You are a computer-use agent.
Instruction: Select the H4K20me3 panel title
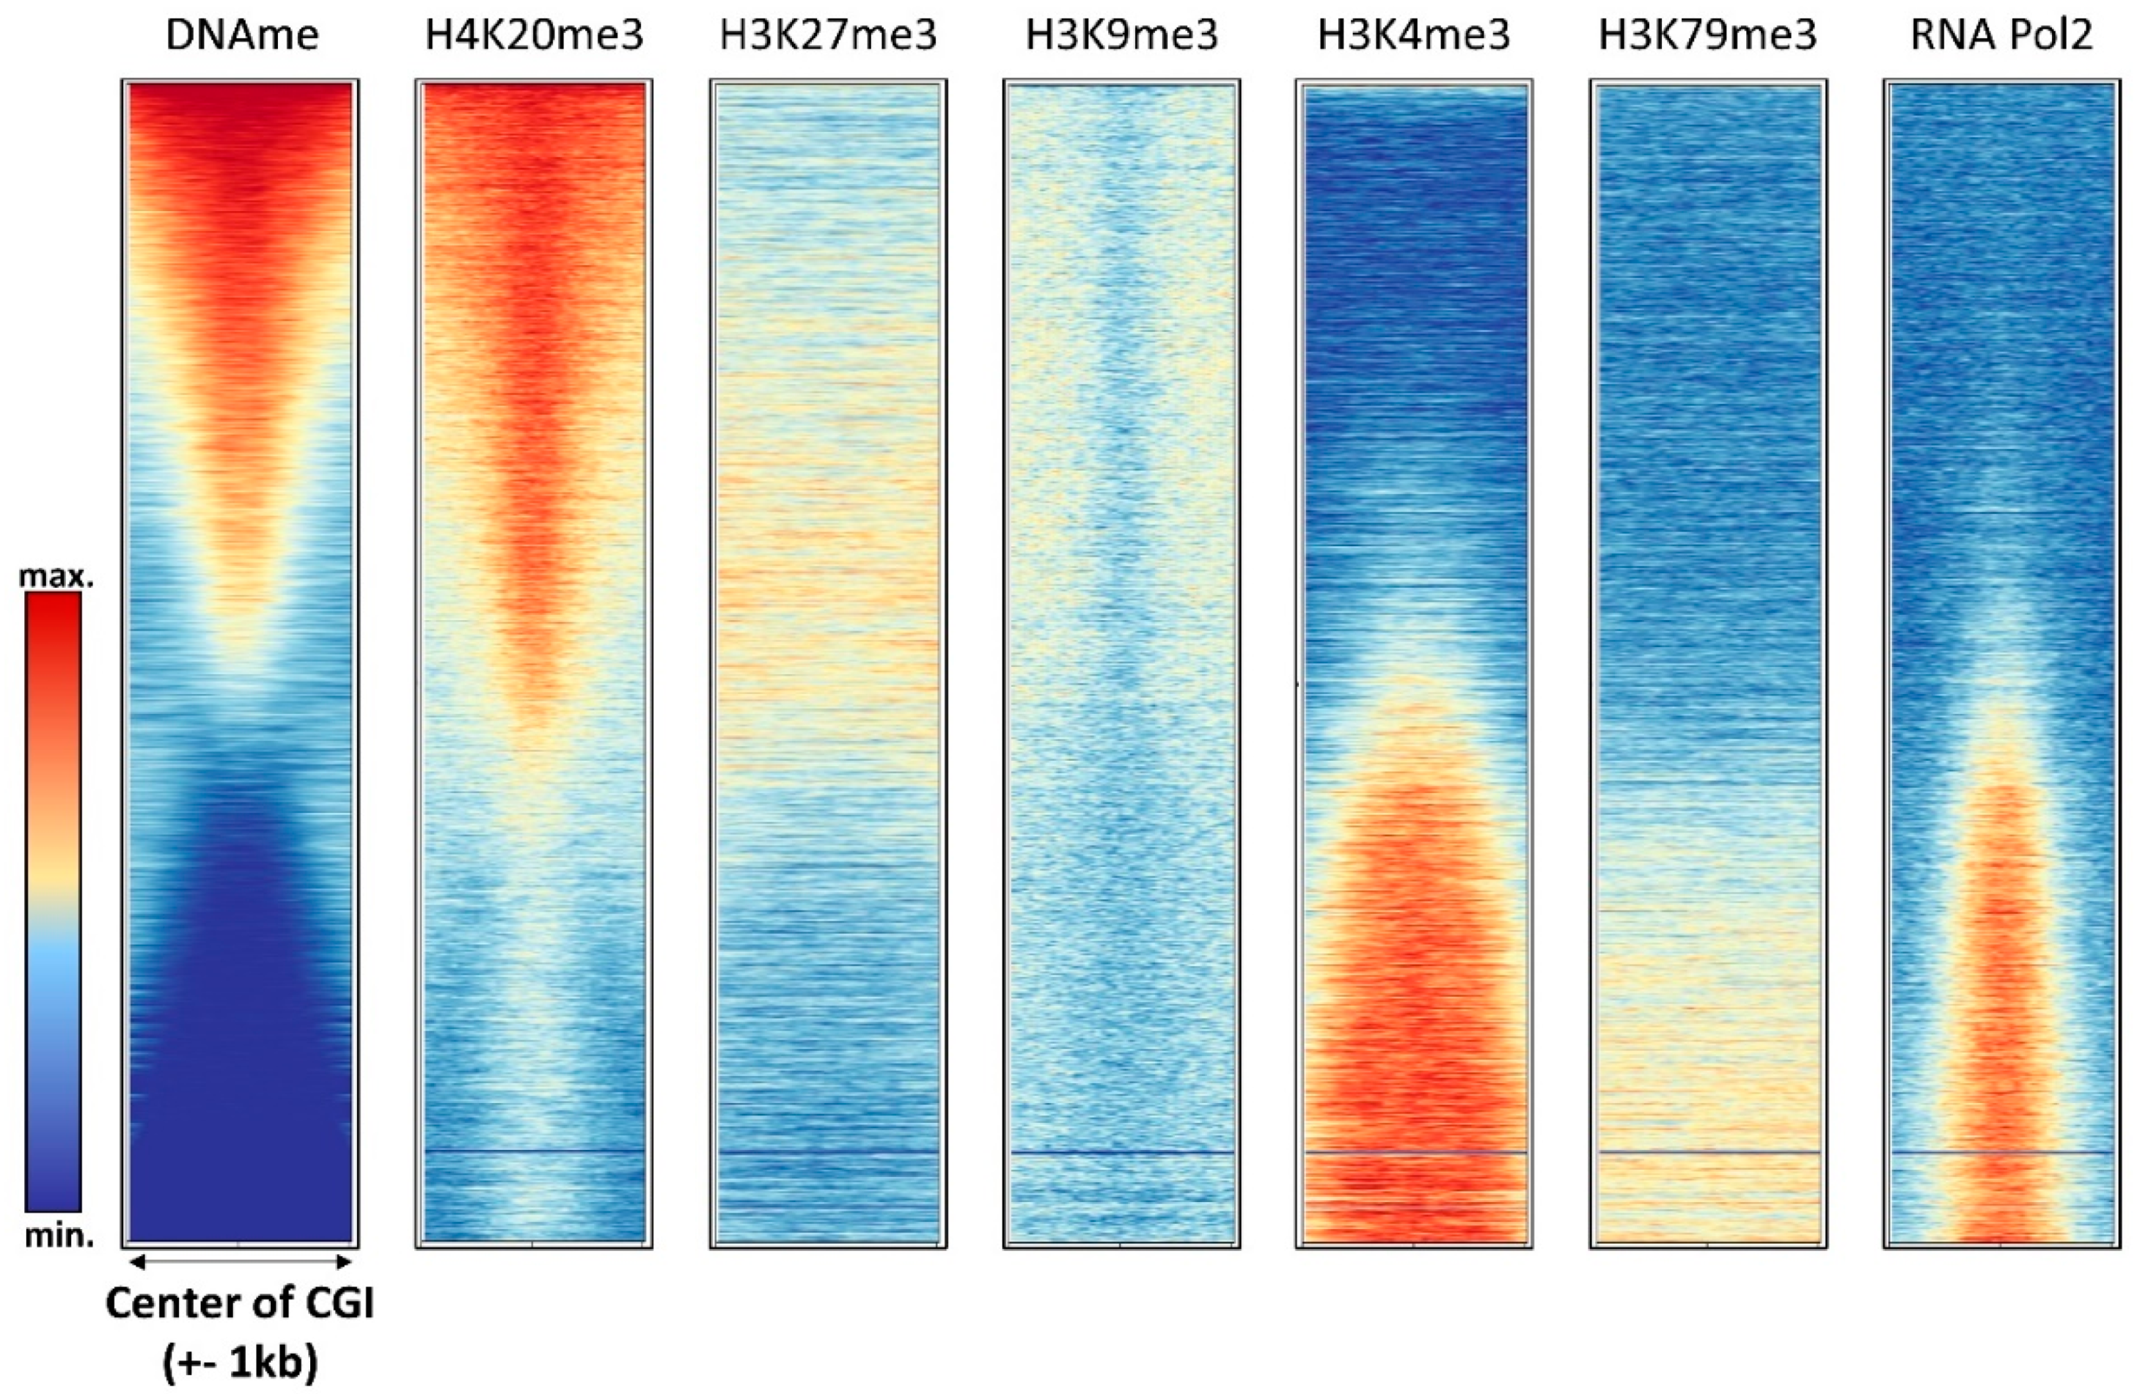[534, 36]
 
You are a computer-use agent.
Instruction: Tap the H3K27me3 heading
[828, 36]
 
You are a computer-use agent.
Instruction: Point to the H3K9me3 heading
[1121, 36]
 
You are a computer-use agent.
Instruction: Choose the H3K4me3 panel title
[1414, 36]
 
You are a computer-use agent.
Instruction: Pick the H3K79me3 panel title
[1708, 36]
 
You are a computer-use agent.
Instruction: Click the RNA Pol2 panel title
[2001, 36]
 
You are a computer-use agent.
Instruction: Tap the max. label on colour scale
[56, 577]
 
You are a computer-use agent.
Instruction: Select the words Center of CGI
[240, 1303]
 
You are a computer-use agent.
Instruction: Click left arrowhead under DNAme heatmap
[137, 1263]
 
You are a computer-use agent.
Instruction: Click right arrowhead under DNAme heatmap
[344, 1263]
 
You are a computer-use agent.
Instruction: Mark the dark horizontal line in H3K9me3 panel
[1121, 1151]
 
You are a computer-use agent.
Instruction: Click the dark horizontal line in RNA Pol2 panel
[2001, 1151]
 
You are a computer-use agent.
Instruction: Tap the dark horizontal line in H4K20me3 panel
[534, 1151]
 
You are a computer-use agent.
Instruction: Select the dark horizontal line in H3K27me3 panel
[828, 1151]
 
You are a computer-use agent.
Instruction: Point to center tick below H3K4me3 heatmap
[1414, 1245]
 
